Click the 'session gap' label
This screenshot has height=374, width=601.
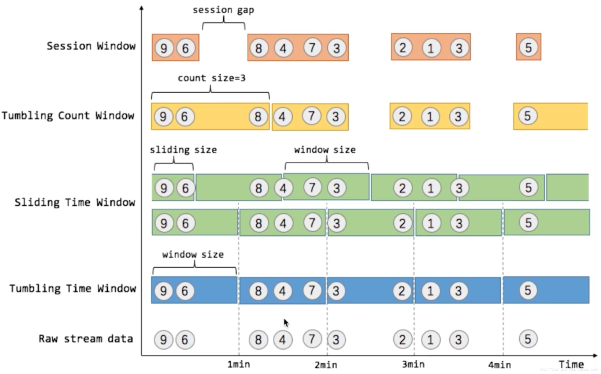click(223, 10)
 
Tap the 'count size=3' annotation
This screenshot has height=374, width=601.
click(212, 78)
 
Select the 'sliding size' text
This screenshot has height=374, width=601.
click(183, 150)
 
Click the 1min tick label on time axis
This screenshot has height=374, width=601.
click(239, 365)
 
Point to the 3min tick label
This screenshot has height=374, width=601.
click(413, 365)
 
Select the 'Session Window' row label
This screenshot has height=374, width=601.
click(91, 46)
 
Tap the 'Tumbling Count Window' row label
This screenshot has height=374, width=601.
click(68, 116)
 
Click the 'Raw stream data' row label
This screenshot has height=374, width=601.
click(86, 339)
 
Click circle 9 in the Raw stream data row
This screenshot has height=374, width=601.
click(163, 340)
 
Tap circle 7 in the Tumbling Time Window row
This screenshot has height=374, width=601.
click(312, 290)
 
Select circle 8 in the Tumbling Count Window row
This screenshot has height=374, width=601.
click(258, 117)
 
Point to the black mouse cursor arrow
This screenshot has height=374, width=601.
click(286, 323)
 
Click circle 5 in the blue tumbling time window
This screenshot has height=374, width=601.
click(528, 290)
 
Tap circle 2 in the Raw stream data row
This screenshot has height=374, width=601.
click(402, 339)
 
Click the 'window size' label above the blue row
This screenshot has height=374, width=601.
click(193, 254)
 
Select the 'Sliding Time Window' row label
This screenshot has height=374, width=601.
click(75, 202)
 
